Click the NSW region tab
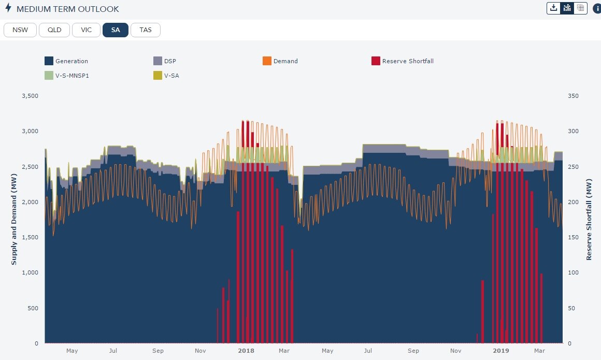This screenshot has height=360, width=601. point(20,30)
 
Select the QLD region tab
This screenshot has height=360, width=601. point(54,30)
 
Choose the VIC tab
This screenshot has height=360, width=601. point(86,30)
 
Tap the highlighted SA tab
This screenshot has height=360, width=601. point(115,30)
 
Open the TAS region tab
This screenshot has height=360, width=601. point(146,30)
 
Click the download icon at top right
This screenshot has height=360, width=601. point(553,8)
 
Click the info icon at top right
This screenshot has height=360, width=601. point(596,8)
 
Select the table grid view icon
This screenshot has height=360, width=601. point(580,8)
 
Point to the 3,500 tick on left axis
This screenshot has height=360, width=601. point(30,96)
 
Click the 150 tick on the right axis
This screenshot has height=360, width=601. point(574,237)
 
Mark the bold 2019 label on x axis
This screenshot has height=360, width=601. point(500,351)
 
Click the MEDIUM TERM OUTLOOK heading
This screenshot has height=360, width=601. point(67,9)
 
